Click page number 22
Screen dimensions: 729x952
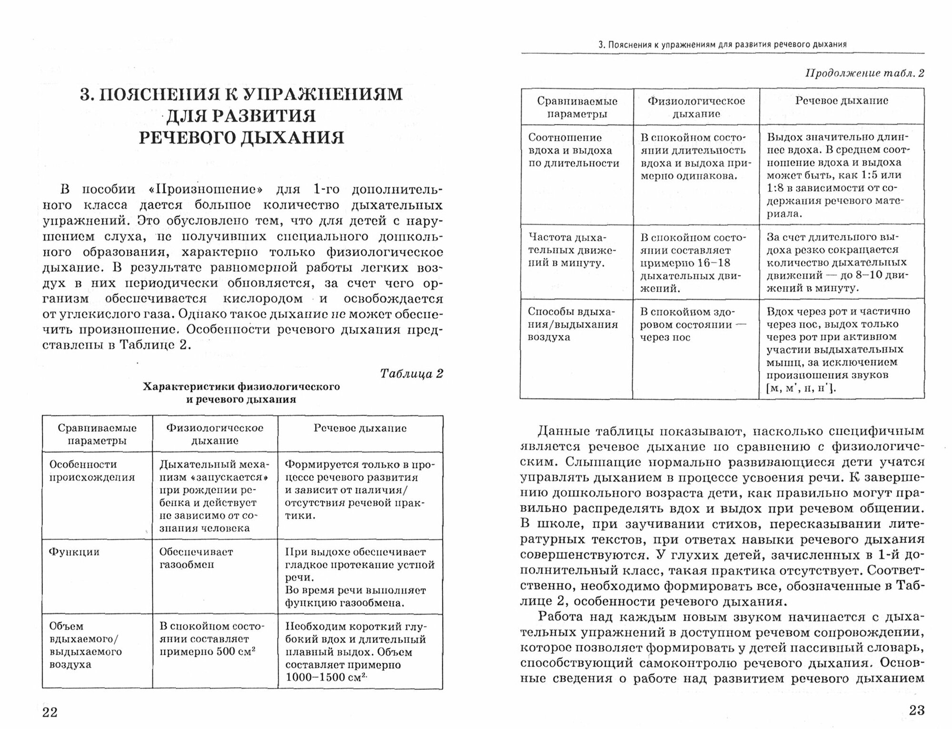[x=50, y=712]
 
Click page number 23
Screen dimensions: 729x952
[x=916, y=710]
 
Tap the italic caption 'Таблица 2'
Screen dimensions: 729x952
[x=411, y=374]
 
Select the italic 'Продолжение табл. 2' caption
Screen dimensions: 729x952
[x=864, y=73]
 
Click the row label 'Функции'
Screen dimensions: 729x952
[x=74, y=552]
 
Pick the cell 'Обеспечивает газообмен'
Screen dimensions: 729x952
[x=196, y=558]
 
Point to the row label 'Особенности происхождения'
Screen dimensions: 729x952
[x=92, y=471]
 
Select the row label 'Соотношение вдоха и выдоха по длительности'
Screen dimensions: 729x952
[x=574, y=151]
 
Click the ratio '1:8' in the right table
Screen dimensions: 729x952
[x=776, y=188]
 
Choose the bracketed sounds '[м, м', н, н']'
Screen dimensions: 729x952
[x=801, y=388]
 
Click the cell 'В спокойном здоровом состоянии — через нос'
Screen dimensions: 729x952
[x=693, y=325]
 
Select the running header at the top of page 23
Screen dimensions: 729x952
[x=722, y=45]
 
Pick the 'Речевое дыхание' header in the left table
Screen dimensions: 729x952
[x=360, y=428]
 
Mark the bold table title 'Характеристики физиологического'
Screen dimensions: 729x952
[x=241, y=387]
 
